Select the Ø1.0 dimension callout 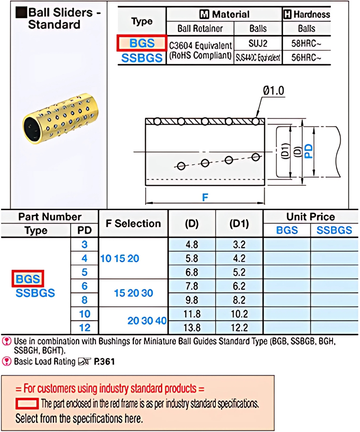click(x=274, y=91)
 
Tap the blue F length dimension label click(x=206, y=198)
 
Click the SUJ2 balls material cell click(x=258, y=43)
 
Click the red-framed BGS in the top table click(x=142, y=44)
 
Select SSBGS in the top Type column click(x=142, y=58)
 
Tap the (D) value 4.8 click(x=192, y=245)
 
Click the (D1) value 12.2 click(x=239, y=327)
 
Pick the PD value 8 click(x=85, y=300)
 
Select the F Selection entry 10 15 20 click(x=120, y=258)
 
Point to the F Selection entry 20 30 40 click(x=147, y=320)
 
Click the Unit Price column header click(x=310, y=217)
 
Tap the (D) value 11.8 click(x=192, y=314)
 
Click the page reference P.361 click(x=104, y=361)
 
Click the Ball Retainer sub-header click(x=200, y=28)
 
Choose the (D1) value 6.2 click(x=239, y=286)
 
